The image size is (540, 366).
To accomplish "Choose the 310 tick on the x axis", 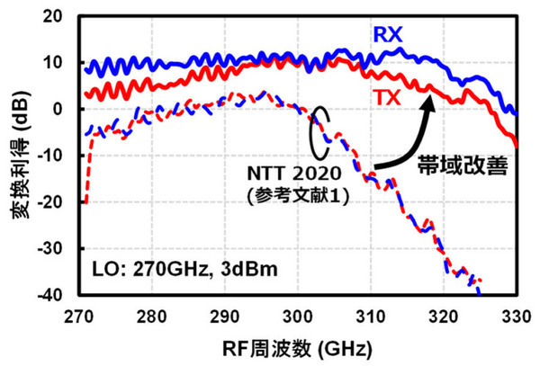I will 370,316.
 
